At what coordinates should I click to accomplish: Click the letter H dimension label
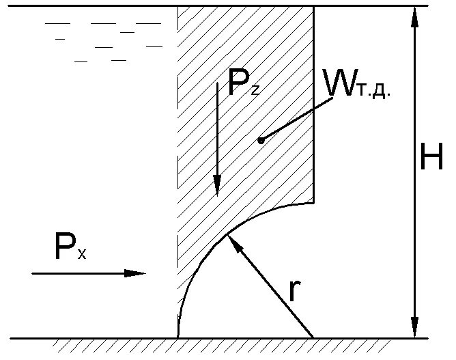[431, 159]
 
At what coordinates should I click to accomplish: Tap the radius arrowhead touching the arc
[233, 240]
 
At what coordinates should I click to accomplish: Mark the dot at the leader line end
[260, 141]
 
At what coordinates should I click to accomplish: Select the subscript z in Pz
[255, 89]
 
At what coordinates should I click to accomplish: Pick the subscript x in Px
[81, 255]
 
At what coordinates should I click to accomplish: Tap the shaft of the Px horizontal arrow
[82, 273]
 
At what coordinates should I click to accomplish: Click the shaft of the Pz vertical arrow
[217, 130]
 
